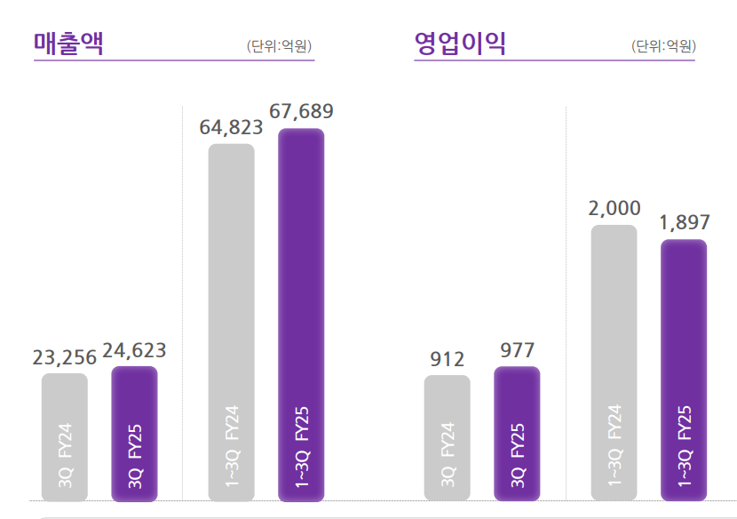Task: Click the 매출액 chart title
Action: [68, 43]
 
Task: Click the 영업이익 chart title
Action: [460, 43]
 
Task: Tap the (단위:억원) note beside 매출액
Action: [279, 46]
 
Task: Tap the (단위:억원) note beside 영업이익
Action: [663, 46]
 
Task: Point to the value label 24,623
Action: [134, 350]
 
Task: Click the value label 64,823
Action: [231, 127]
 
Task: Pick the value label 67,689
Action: [301, 112]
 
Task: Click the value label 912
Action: [448, 359]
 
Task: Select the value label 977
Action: [517, 350]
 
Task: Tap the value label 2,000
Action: [614, 209]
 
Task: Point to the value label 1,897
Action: [684, 223]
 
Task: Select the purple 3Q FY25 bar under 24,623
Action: [134, 434]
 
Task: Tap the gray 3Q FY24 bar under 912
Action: [448, 438]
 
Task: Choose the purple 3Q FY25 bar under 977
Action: [517, 434]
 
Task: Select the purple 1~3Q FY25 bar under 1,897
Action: [684, 370]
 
